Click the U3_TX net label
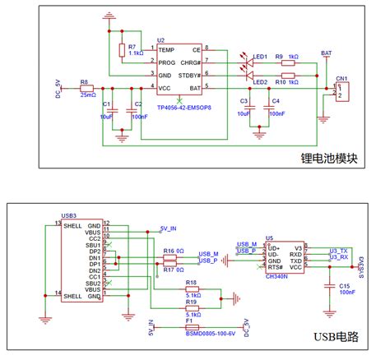tap(338, 250)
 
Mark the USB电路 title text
tap(339, 336)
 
